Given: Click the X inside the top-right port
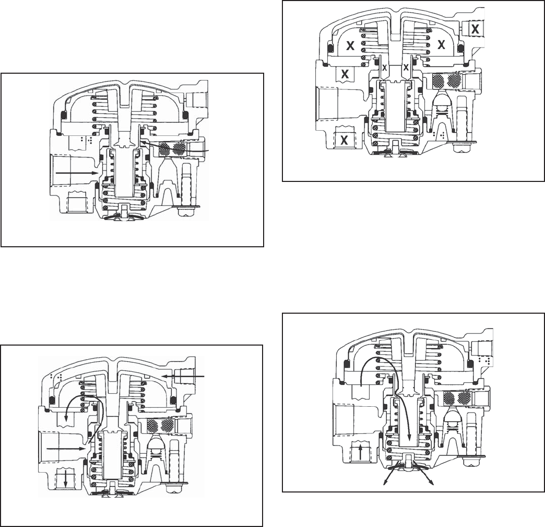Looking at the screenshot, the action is pyautogui.click(x=475, y=29).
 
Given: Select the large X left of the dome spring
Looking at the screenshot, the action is pyautogui.click(x=351, y=45).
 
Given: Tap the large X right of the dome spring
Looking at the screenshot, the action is pyautogui.click(x=442, y=44).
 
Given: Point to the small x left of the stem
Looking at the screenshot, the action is pyautogui.click(x=384, y=67).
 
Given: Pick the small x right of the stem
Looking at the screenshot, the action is pyautogui.click(x=406, y=67).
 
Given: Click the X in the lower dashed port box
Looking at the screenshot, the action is pyautogui.click(x=345, y=140).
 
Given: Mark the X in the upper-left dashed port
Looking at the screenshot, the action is pyautogui.click(x=345, y=74).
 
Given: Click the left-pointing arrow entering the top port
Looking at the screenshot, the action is pyautogui.click(x=184, y=376).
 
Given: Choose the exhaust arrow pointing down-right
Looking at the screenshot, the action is pyautogui.click(x=424, y=473).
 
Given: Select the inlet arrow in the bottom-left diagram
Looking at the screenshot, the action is pyautogui.click(x=66, y=449).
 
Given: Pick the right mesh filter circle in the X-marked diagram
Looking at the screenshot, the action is pyautogui.click(x=455, y=81).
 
